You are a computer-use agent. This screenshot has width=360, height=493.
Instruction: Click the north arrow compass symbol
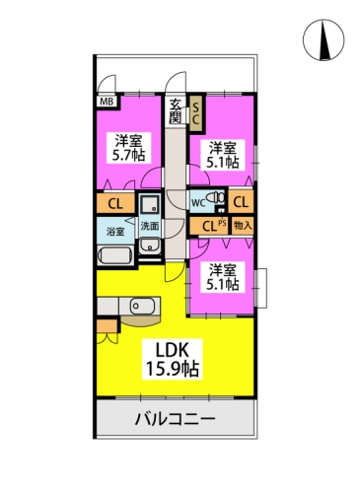tap(324, 39)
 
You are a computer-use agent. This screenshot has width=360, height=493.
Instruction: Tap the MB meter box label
tap(107, 102)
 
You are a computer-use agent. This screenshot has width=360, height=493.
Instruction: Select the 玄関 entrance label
tap(176, 111)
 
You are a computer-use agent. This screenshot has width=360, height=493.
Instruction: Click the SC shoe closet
tap(196, 113)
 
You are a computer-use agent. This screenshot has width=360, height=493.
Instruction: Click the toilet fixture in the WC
tap(216, 198)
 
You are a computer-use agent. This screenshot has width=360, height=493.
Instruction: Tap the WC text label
tap(198, 203)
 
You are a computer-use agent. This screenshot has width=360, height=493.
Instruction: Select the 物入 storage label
tap(243, 226)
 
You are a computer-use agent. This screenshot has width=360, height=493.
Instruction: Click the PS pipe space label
tap(222, 223)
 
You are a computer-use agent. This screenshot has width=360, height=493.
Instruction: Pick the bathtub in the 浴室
tap(115, 256)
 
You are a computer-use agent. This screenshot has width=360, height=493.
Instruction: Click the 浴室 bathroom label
tap(115, 232)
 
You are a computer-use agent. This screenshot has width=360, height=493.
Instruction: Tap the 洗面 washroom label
tap(150, 226)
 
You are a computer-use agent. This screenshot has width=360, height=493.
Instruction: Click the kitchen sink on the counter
tap(142, 307)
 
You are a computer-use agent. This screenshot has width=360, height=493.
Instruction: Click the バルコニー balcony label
tap(175, 419)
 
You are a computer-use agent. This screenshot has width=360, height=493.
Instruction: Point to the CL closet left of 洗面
tap(115, 204)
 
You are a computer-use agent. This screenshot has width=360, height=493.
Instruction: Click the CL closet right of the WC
tap(241, 202)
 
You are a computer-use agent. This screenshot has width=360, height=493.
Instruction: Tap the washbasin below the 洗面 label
tap(150, 246)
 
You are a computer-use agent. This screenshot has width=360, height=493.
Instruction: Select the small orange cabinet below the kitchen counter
tap(108, 325)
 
